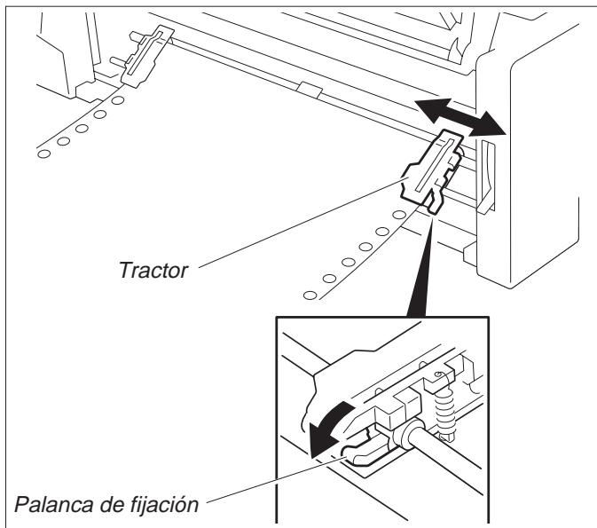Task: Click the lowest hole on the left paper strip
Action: [43, 154]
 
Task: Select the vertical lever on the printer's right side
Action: [487, 182]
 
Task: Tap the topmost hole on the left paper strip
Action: [119, 100]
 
